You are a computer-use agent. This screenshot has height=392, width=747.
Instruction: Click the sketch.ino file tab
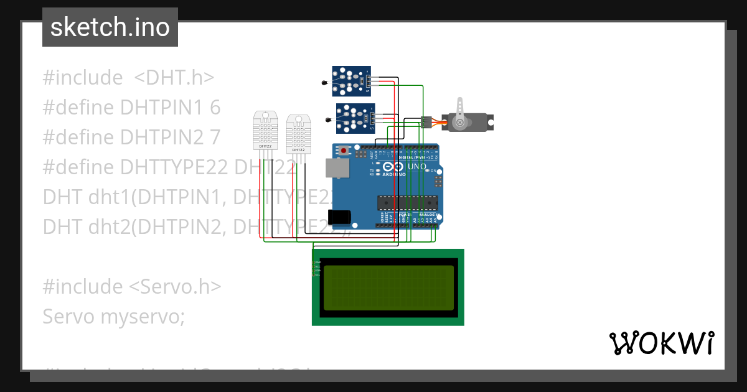coord(110,27)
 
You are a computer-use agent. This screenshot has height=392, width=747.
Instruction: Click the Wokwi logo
coord(661,343)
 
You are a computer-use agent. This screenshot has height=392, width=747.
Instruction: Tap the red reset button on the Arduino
coord(344,150)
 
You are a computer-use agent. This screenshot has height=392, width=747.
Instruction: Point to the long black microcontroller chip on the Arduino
coord(408,202)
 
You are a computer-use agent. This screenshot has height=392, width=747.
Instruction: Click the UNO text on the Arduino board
coord(416,167)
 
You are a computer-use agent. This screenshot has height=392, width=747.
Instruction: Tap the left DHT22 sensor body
coord(265,131)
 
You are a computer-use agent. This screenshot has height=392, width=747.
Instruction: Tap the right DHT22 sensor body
coord(298,133)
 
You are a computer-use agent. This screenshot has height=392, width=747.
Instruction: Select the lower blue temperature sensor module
coord(356,118)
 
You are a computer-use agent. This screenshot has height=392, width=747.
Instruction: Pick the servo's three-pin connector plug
coord(426,122)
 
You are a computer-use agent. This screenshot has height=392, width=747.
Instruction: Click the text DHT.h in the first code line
coord(174,78)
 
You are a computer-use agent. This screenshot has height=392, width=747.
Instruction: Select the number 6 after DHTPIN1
coord(215,108)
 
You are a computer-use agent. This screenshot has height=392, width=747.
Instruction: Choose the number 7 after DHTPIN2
coord(215,137)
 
